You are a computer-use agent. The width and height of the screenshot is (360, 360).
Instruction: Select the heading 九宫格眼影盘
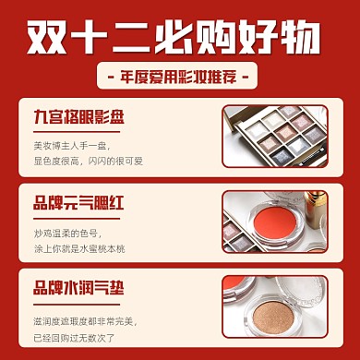(x=81, y=119)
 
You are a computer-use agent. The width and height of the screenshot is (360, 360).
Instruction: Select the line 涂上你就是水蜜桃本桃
(x=84, y=242)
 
